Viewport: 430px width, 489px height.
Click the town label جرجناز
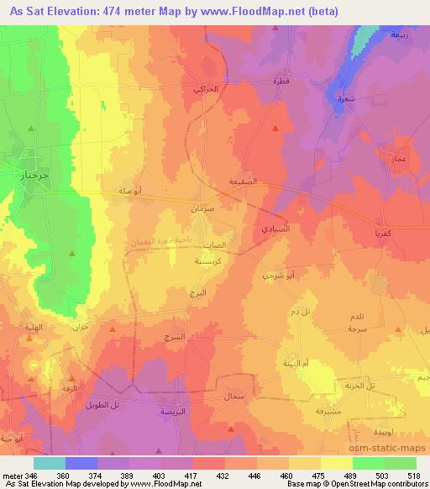click(31, 175)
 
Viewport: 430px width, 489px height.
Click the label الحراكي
click(206, 88)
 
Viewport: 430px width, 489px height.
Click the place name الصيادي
click(275, 229)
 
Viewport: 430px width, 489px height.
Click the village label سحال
click(233, 395)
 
